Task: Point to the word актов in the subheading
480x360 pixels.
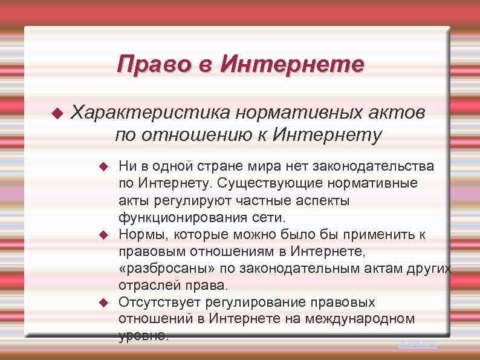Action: click(394, 113)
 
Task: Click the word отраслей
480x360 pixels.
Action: click(145, 284)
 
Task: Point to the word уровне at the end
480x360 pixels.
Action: click(144, 335)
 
